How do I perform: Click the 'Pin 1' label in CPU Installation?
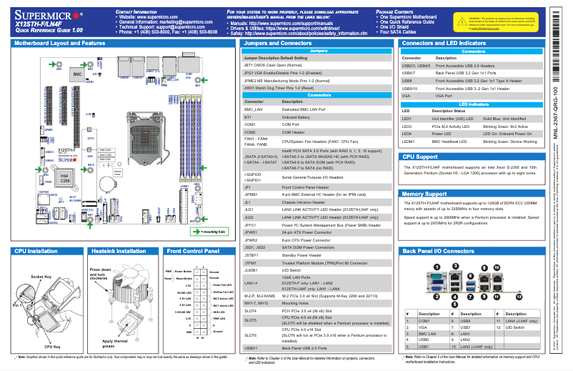click(x=18, y=305)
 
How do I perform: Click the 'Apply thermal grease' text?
click(x=114, y=344)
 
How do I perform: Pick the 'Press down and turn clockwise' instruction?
click(x=99, y=274)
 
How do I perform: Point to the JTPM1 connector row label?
click(x=251, y=264)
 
